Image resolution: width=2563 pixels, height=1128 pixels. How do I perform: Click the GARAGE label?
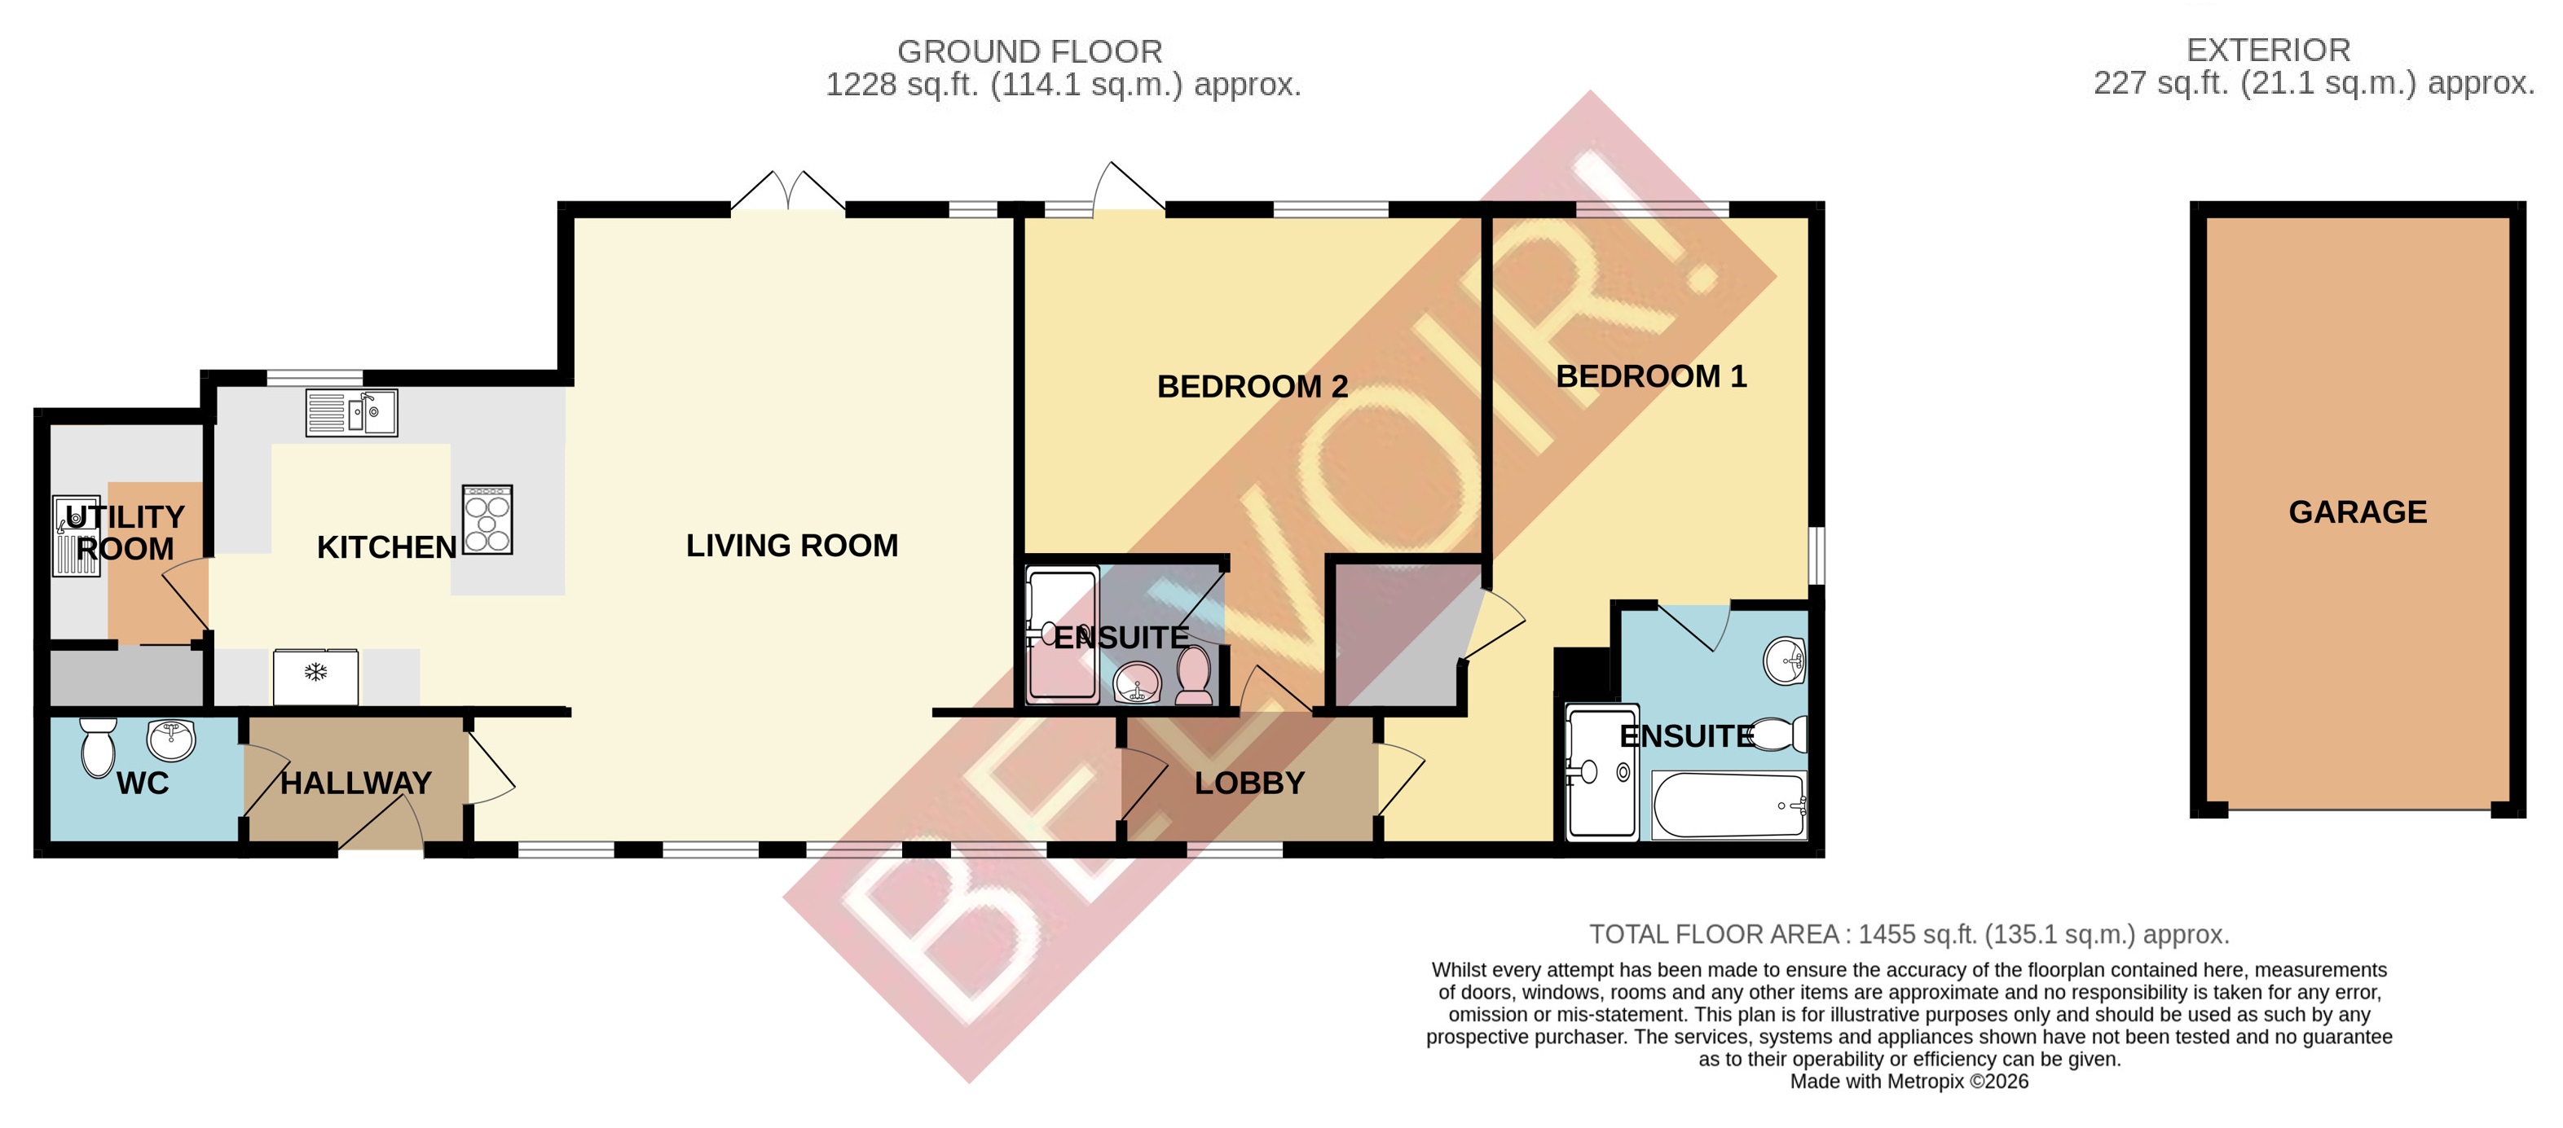2357,512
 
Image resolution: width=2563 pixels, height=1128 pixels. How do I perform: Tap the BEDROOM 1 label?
1650,377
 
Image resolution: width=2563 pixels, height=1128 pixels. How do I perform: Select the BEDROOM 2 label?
1252,387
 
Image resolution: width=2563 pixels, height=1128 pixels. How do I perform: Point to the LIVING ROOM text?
792,546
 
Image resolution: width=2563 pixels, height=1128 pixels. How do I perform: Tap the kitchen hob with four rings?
487,520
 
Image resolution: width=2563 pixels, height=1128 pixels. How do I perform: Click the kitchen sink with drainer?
351,413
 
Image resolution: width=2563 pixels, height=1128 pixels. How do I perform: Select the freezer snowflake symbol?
315,674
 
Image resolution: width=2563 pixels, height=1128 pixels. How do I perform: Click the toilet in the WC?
98,748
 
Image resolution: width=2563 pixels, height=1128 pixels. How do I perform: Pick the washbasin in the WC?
171,739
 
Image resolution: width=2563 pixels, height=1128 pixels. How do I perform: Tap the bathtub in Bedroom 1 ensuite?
1728,805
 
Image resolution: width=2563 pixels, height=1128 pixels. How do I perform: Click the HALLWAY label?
356,783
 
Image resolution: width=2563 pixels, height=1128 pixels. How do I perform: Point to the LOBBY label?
1249,783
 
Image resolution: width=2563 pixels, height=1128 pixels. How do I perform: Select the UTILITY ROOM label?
126,533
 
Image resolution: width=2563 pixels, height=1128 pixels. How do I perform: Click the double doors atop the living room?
788,191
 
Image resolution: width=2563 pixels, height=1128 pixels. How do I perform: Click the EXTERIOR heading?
2267,50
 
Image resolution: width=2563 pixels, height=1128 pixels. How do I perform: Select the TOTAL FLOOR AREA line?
1909,935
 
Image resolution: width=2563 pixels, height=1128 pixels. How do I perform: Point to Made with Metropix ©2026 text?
1909,1082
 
